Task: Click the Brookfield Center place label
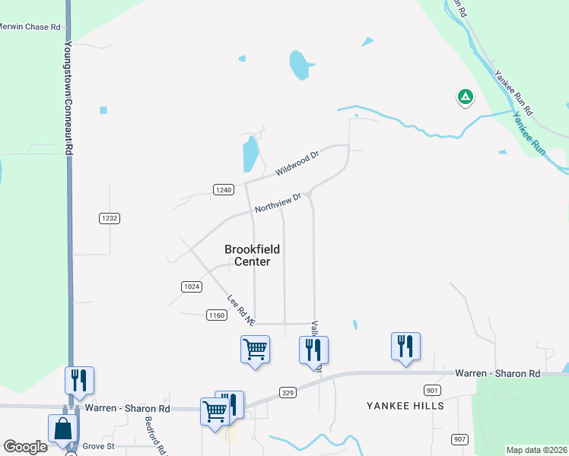252,255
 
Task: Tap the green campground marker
465,97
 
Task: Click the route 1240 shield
223,190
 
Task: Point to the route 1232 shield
110,218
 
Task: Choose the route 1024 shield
192,287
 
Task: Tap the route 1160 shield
217,315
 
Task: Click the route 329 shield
288,392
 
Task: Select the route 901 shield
433,390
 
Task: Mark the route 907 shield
459,439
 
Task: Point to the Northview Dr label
278,203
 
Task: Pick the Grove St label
98,445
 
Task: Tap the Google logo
25,447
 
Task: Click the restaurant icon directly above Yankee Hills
405,347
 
